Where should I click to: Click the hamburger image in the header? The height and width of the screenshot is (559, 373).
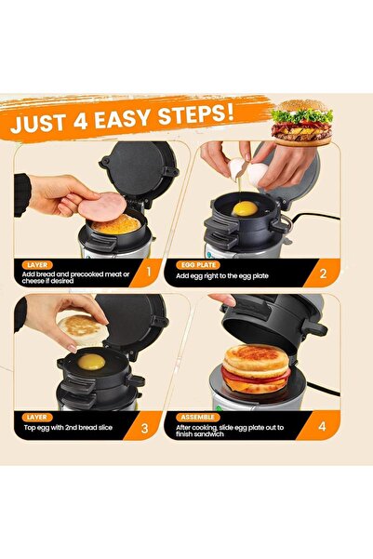pos(301,121)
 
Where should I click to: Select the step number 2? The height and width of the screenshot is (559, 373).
pos(322,273)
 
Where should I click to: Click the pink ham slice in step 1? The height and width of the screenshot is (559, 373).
pos(100,206)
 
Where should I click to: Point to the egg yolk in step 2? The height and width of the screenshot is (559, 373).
pos(243,208)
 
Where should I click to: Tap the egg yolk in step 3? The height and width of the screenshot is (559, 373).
pos(91,361)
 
